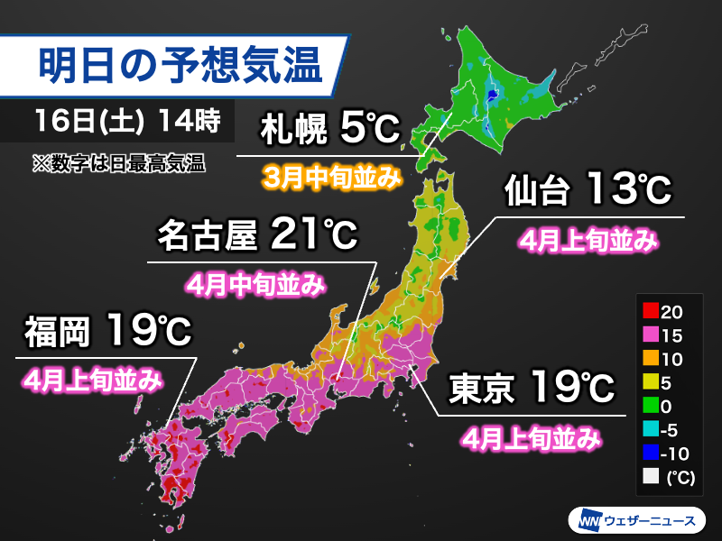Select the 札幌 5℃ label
pyautogui.click(x=329, y=132)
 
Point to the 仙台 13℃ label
pyautogui.click(x=586, y=190)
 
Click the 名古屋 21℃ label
pyautogui.click(x=256, y=237)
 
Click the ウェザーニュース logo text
pyautogui.click(x=653, y=521)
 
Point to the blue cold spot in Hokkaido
pyautogui.click(x=491, y=93)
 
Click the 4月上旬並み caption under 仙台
pyautogui.click(x=586, y=241)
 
